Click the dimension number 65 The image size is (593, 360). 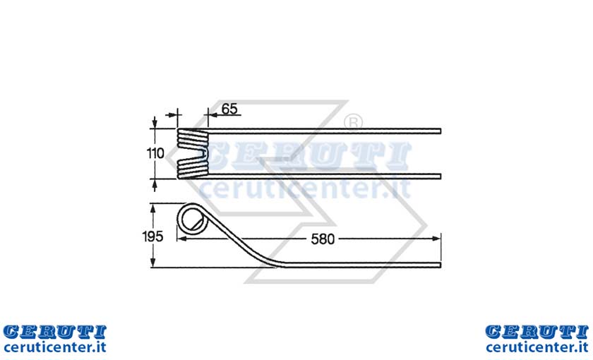click(x=229, y=109)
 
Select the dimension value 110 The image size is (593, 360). click(x=155, y=154)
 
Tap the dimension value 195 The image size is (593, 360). click(x=152, y=236)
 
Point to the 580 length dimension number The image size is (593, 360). click(x=323, y=239)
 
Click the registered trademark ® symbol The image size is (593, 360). click(x=353, y=123)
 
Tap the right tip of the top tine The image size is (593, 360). click(x=441, y=131)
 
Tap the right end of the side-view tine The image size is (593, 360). click(x=441, y=264)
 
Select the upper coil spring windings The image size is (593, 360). click(x=193, y=138)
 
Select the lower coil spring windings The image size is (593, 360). click(x=193, y=168)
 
